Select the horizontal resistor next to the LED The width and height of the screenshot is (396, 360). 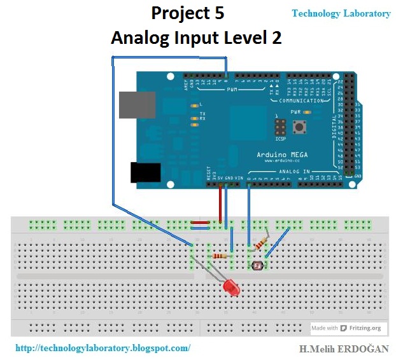point(220,256)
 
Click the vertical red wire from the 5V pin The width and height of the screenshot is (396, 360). point(220,204)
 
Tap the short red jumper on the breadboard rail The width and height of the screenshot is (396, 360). point(201,223)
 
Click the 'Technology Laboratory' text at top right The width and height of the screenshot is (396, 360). point(341,13)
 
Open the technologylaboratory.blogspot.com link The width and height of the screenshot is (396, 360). point(102,348)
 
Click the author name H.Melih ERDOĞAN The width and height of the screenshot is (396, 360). point(344,349)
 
